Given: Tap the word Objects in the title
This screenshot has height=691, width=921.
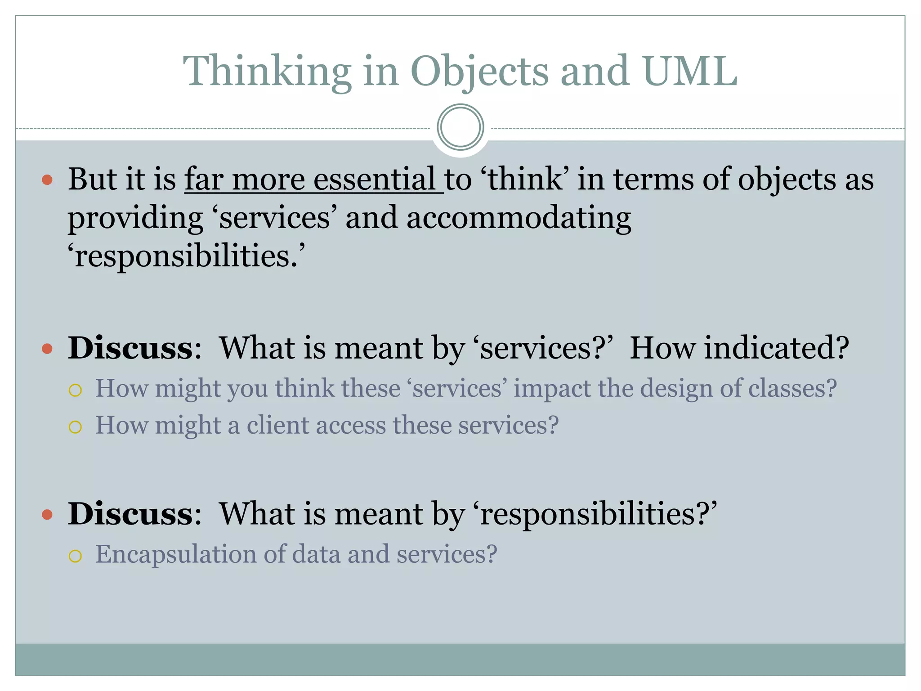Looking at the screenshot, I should point(479,72).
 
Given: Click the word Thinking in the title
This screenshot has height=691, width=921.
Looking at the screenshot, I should point(267,72).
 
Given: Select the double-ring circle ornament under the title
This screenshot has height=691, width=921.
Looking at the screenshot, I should point(460,127).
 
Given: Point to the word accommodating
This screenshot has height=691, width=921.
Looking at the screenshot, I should point(519,218).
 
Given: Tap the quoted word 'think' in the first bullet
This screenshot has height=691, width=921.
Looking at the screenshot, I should point(525,179).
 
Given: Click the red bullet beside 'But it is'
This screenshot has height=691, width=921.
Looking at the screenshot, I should point(47,180).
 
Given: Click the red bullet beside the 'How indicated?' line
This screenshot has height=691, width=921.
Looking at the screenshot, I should point(47,349).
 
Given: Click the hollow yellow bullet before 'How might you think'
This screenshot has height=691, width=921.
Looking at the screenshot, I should point(76,390).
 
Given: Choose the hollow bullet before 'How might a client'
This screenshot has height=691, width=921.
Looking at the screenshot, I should point(76,427).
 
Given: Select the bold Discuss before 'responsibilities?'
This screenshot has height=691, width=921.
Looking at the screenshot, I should point(130,513).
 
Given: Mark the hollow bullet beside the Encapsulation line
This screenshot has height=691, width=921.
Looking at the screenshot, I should point(76,556).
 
